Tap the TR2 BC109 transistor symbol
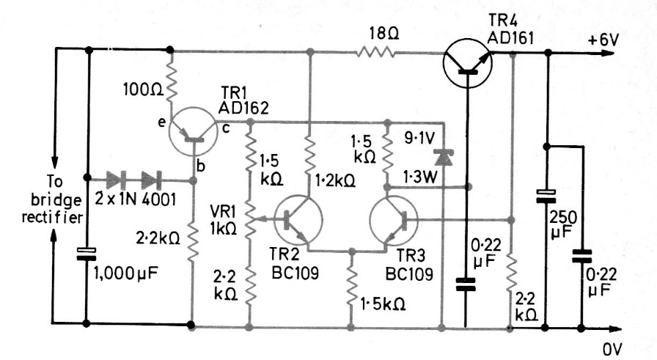pos(297,218)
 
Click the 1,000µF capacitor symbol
pos(88,255)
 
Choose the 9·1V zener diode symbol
pos(442,157)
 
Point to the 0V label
pos(613,350)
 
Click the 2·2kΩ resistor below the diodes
pos(192,242)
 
